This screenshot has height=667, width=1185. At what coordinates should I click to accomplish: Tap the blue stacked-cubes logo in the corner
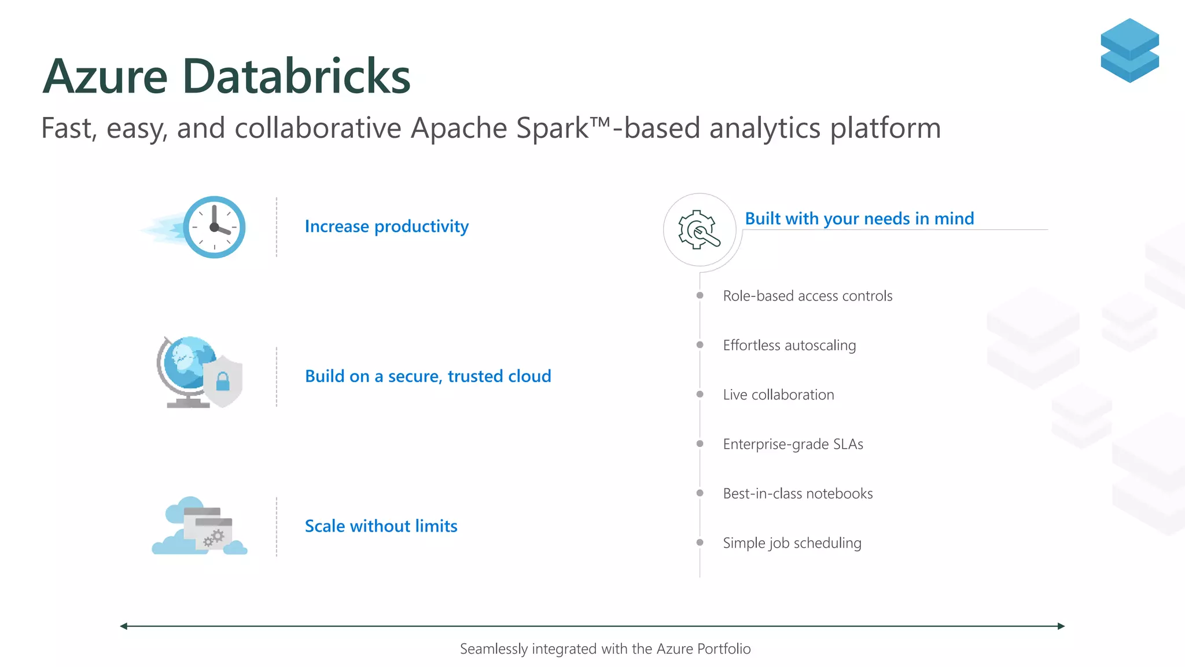1129,50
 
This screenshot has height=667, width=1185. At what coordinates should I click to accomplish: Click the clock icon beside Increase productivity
214,227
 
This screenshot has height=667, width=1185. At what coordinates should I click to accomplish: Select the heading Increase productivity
387,226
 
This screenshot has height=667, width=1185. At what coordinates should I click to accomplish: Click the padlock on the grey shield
223,382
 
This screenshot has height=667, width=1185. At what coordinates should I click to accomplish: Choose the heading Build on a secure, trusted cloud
428,376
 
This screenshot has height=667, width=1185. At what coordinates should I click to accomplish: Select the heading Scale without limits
381,526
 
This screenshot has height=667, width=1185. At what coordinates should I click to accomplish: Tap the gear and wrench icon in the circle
700,230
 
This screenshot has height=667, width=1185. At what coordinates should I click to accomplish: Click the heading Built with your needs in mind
859,219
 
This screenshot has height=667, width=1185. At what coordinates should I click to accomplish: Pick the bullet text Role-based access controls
807,296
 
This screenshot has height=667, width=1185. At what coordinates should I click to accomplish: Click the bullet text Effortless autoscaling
789,346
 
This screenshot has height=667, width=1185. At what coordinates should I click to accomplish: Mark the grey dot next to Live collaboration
700,394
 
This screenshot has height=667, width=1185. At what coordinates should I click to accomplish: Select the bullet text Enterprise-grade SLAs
793,444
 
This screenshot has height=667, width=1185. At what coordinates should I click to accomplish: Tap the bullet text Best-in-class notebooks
797,494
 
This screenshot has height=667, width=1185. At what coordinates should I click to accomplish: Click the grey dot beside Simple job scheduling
700,543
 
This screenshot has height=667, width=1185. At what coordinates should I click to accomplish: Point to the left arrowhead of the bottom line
124,626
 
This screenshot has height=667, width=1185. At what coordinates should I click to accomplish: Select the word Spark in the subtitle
552,129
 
